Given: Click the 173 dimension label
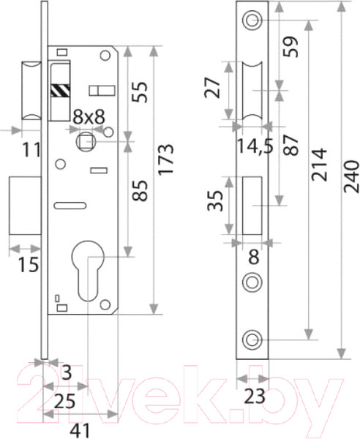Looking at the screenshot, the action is point(165,160).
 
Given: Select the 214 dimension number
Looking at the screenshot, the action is point(320,165).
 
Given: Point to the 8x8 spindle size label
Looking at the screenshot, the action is point(89,117).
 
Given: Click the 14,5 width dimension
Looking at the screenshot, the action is point(255,146).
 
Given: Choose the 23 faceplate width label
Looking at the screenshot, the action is point(254,397).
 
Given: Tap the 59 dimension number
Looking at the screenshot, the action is point(290,47).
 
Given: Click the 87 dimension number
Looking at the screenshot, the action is point(290,145).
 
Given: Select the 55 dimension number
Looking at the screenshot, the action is point(140,92).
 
